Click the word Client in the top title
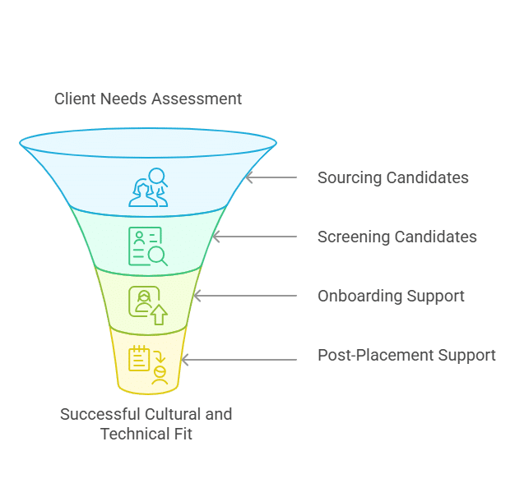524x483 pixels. point(76,99)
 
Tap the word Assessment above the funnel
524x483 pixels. point(197,99)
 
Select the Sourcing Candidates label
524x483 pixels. point(393,177)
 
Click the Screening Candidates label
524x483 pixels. point(397,237)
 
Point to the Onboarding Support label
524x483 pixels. point(391,297)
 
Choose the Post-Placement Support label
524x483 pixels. point(406,355)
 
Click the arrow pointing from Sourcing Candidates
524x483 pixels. point(271,177)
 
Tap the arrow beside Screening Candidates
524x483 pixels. point(255,237)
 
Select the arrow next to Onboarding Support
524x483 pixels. point(245,296)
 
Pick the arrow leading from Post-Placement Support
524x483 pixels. point(239,360)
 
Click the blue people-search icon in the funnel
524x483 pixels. point(148,187)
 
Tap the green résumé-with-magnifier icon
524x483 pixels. point(148,246)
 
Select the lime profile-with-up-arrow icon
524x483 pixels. point(148,306)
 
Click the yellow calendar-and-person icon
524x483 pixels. point(148,365)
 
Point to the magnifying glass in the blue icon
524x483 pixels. point(157,177)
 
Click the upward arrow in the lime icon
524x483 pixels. point(159,315)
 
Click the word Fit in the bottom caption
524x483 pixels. point(183,435)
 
